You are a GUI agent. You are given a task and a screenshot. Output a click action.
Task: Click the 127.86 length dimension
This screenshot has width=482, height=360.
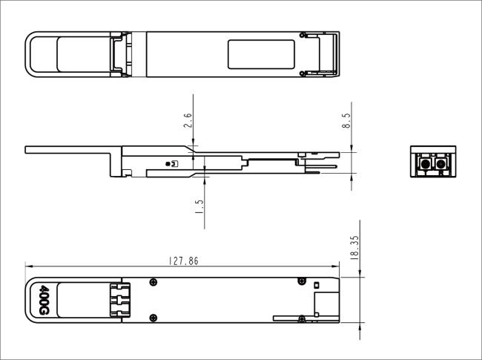(183, 261)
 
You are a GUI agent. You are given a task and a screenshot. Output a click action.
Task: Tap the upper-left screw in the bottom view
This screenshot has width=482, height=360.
(153, 281)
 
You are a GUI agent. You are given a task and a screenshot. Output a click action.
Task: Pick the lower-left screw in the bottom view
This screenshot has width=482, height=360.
(153, 318)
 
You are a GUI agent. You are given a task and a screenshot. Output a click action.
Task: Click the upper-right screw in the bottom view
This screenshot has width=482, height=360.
(302, 280)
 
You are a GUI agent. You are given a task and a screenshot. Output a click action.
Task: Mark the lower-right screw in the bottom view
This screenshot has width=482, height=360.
(302, 319)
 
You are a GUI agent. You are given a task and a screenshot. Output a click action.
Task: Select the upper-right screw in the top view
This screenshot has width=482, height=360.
(303, 35)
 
